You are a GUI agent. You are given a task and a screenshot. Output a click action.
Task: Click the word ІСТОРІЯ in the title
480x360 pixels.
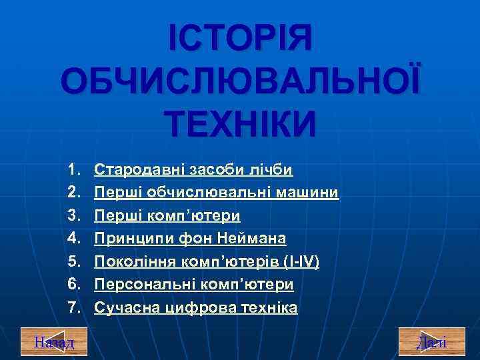(x=240, y=39)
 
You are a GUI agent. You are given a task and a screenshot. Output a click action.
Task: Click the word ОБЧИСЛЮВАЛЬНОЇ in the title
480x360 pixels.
(x=240, y=82)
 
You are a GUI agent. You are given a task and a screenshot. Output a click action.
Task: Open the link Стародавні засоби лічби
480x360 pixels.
(x=193, y=170)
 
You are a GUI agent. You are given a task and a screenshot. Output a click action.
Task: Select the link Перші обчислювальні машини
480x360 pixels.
(x=217, y=193)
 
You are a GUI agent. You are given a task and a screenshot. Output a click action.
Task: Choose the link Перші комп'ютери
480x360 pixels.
(x=167, y=216)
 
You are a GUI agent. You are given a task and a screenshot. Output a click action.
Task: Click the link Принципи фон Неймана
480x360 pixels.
(x=190, y=239)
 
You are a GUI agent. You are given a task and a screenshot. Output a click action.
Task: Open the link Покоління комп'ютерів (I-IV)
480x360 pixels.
(x=207, y=262)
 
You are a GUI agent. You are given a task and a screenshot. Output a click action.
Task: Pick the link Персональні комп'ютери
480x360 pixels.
(x=193, y=285)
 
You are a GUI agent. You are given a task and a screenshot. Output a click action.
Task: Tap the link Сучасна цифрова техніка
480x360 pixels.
(x=196, y=308)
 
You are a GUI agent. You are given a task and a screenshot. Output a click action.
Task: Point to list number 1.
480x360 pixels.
(x=73, y=170)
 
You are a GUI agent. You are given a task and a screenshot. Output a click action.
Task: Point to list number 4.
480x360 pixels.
(x=73, y=239)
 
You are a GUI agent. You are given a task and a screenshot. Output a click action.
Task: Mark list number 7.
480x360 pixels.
(x=73, y=308)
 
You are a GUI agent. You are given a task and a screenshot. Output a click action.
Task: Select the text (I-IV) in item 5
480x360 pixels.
(x=301, y=262)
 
